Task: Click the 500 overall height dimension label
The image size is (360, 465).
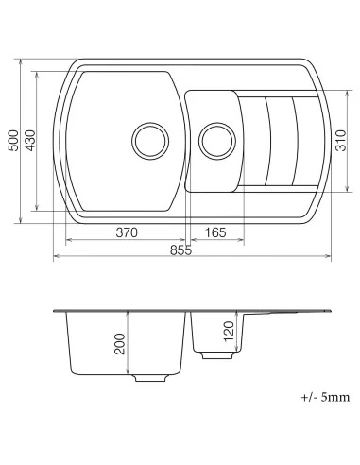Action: (x=11, y=142)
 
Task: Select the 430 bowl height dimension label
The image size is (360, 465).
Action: (x=30, y=142)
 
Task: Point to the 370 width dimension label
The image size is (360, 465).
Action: (x=128, y=232)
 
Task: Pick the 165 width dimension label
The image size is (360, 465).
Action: (x=214, y=232)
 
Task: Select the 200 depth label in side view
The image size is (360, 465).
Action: (x=119, y=344)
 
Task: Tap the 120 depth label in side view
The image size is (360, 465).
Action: (x=228, y=333)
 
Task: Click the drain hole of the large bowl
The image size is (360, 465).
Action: (x=148, y=139)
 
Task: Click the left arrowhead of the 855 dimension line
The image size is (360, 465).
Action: (x=55, y=256)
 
